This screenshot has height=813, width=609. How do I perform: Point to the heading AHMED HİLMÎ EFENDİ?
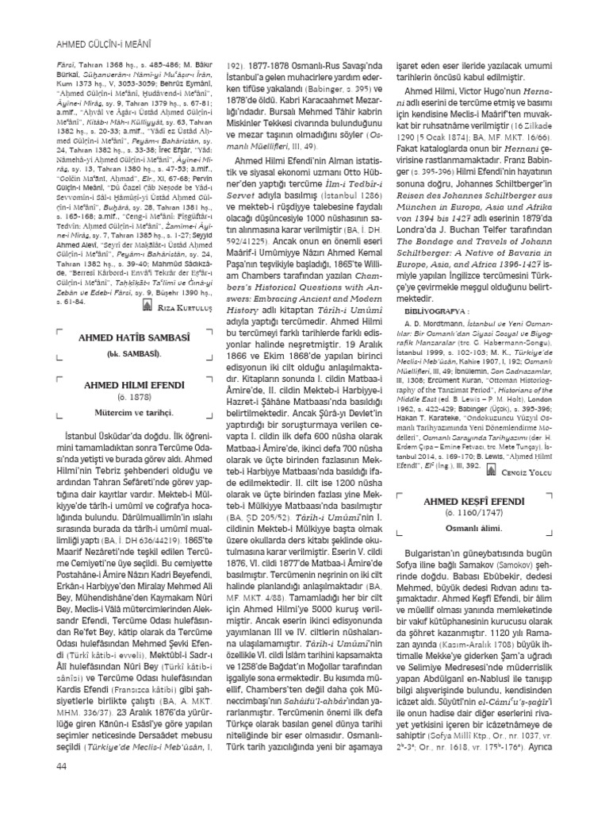tap(140, 384)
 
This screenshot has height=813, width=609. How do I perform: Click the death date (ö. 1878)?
tap(140, 396)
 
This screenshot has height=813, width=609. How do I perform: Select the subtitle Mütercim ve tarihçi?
tap(140, 412)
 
